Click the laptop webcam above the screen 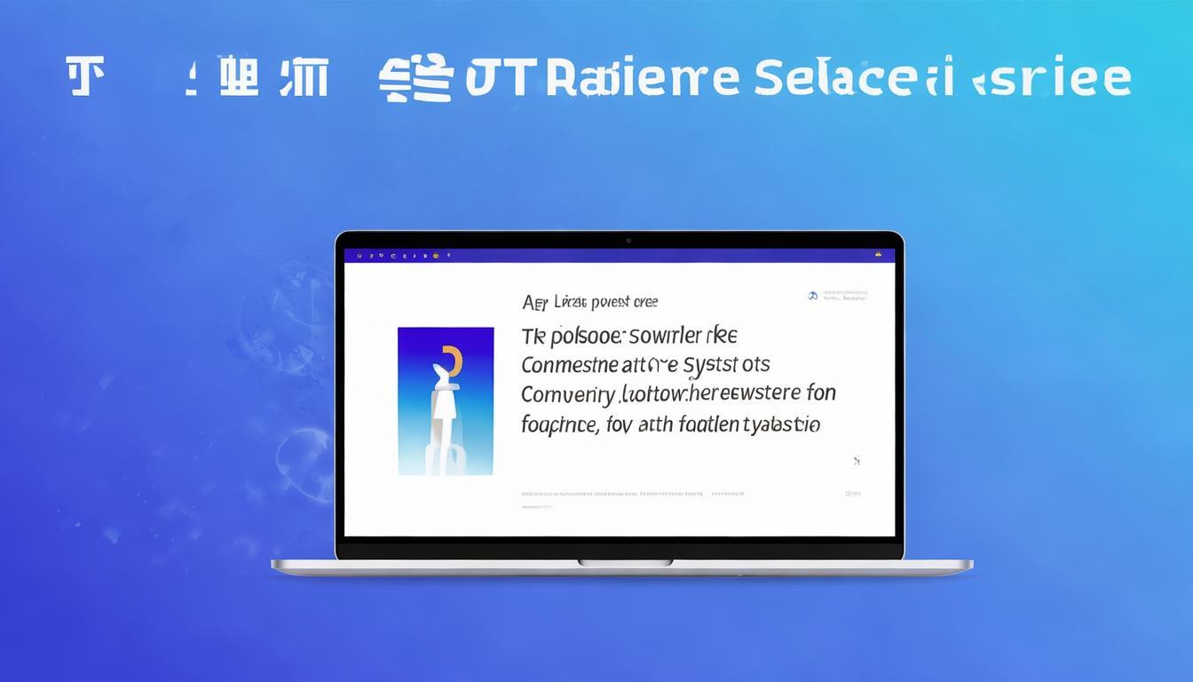point(628,241)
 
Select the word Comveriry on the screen point(567,394)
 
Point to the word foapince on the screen point(557,424)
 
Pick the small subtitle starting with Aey point(590,303)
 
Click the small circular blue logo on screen point(812,296)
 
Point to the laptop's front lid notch point(625,562)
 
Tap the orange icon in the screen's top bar point(436,256)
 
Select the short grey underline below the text point(537,507)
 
